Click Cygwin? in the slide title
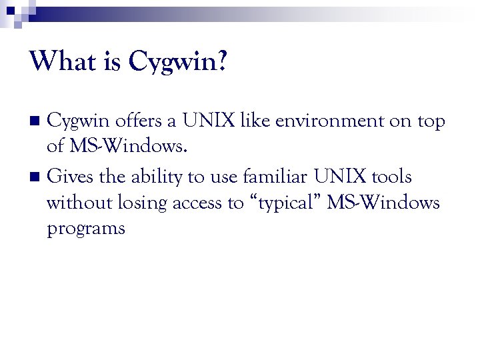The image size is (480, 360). [x=177, y=63]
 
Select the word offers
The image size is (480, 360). [x=137, y=121]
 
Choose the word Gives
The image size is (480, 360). [x=69, y=177]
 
